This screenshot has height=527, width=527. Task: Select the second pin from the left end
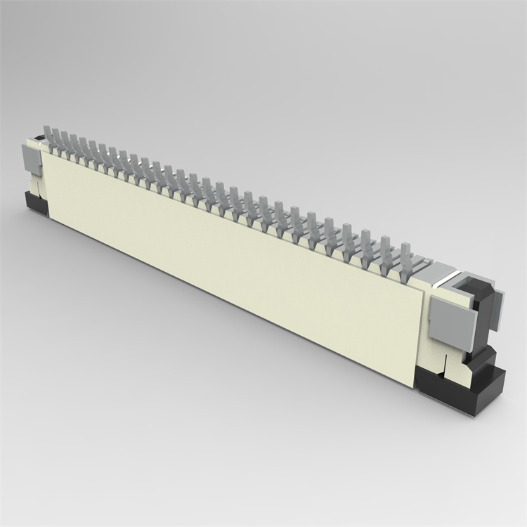pyautogui.click(x=56, y=139)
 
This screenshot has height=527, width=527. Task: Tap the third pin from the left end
pyautogui.click(x=65, y=142)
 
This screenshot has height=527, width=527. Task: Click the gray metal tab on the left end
pyautogui.click(x=32, y=162)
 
